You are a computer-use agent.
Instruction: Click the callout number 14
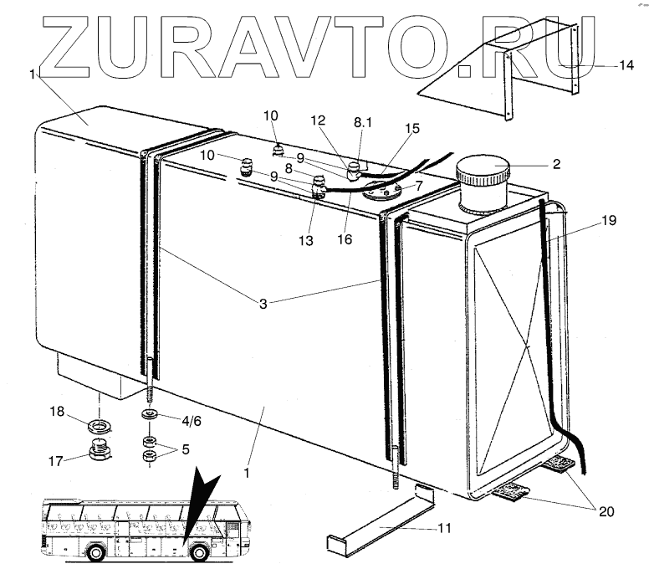[x=626, y=65]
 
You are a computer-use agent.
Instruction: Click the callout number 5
[x=185, y=449]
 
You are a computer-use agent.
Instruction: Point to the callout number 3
[x=263, y=304]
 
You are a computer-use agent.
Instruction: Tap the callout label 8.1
[x=365, y=121]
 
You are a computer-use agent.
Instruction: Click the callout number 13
[x=308, y=242]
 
